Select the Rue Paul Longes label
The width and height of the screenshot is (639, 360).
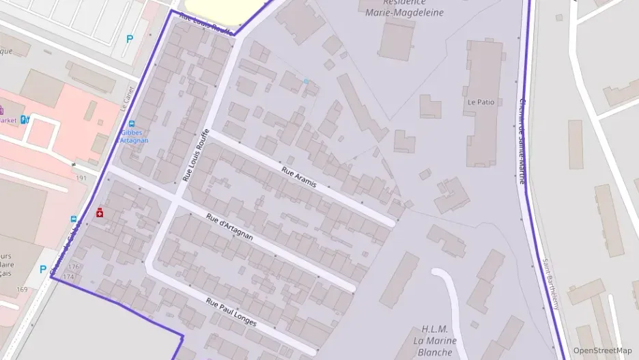coord(231,312)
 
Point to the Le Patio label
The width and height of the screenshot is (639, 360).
coord(481,102)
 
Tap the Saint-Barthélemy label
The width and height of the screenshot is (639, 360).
coord(550,283)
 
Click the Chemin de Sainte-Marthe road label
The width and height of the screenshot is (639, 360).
coord(522,130)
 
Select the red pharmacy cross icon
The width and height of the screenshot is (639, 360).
coord(100,213)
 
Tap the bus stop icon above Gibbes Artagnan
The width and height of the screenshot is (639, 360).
coord(131,124)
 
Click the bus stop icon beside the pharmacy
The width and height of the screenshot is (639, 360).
coord(74,219)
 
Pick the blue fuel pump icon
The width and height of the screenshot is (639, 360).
coord(25,120)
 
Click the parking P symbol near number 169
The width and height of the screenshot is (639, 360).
coord(43,269)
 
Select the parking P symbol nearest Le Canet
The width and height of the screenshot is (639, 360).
coord(130,40)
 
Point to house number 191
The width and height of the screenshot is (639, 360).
coord(81,178)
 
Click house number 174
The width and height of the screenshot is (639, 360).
coord(68,277)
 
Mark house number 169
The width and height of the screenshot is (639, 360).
coord(23,290)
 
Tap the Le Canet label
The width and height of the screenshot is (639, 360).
coord(126,98)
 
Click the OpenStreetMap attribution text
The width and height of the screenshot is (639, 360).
coord(602,350)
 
